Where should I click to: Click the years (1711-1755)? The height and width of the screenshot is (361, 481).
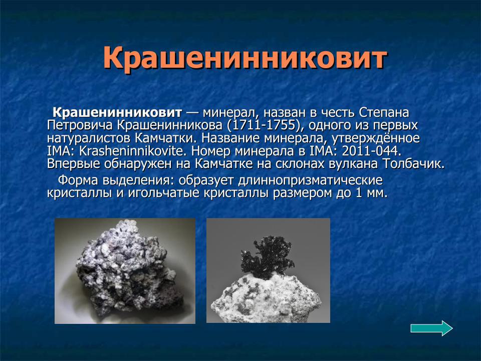tap(264, 124)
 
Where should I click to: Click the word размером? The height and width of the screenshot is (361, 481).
tap(298, 193)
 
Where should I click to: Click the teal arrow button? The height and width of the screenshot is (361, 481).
tap(431, 328)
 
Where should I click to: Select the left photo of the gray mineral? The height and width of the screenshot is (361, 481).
tap(125, 270)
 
